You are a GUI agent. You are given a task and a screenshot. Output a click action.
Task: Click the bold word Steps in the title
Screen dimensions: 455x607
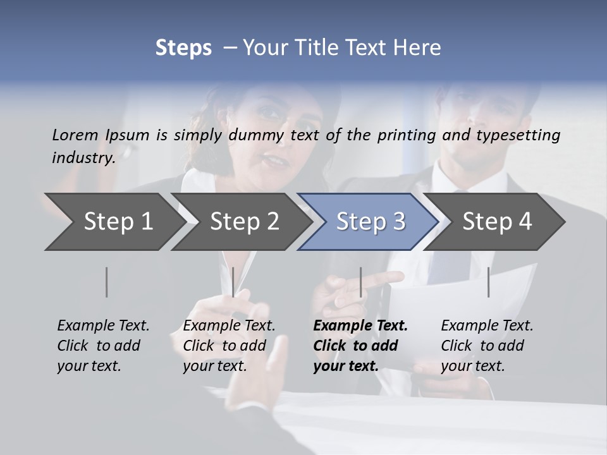point(183,48)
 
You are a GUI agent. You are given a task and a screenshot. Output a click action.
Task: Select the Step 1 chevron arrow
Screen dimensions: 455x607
point(114,222)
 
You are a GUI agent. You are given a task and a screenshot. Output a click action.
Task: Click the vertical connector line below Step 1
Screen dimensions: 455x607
point(107,282)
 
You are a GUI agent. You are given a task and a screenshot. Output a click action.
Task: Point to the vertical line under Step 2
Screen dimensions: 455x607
point(233,282)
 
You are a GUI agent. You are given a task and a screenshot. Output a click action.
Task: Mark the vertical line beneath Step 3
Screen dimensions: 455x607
point(360,282)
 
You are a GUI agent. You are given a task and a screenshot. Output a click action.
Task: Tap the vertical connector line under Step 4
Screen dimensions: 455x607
point(488,282)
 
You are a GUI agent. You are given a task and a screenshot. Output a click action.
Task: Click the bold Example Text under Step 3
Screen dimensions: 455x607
point(360,345)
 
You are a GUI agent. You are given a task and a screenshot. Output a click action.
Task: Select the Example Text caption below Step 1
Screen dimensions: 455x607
point(103,345)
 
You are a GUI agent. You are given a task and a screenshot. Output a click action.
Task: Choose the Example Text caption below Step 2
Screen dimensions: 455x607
point(229,345)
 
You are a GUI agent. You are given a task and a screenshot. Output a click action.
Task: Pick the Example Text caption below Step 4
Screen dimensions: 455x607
point(487,345)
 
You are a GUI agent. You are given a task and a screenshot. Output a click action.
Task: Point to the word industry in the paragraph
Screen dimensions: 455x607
point(83,158)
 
